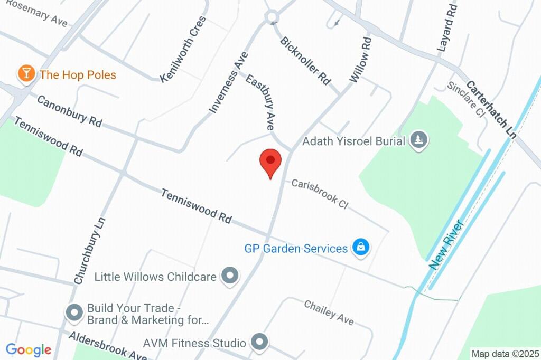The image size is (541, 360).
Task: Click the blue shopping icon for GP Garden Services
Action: (361, 247)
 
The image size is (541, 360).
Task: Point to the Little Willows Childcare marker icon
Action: (230, 276)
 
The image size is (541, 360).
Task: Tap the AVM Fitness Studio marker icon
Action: (259, 342)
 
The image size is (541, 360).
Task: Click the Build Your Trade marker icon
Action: (74, 312)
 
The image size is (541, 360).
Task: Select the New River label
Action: (446, 245)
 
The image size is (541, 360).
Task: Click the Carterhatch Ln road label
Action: (491, 109)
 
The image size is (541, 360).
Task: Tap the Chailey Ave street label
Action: (329, 312)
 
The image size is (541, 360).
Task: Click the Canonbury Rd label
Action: (69, 110)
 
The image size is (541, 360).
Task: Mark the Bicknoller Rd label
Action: (305, 60)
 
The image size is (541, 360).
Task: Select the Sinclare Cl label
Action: (465, 100)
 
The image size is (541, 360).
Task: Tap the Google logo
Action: (28, 349)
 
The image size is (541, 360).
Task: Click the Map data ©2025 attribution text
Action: (505, 354)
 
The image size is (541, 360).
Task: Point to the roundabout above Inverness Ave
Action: (272, 17)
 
